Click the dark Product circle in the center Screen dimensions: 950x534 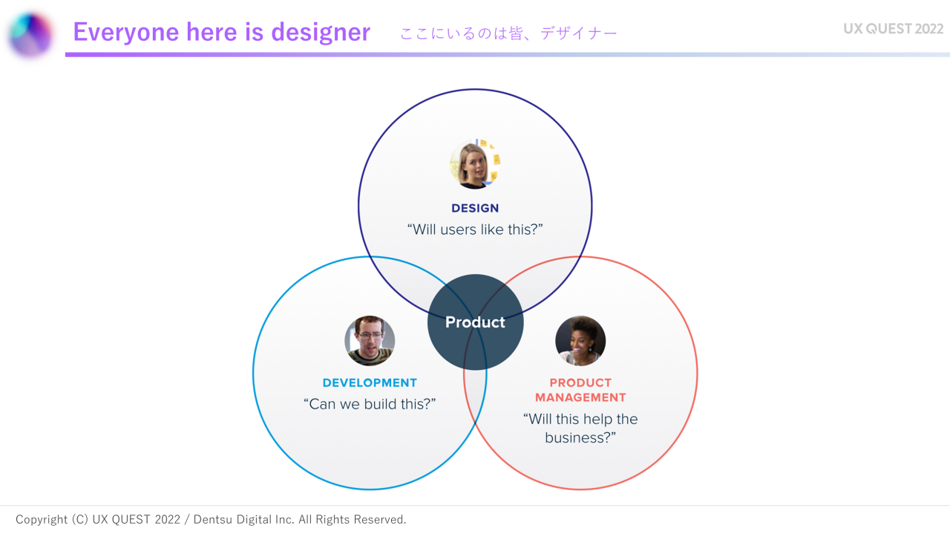tap(475, 322)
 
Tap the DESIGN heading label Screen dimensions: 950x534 tap(475, 208)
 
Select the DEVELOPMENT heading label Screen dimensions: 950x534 tap(370, 382)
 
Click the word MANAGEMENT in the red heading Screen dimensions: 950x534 tap(580, 397)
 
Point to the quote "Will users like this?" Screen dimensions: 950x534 tap(475, 229)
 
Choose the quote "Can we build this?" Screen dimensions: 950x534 tap(370, 404)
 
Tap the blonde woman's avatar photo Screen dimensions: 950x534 tap(475, 164)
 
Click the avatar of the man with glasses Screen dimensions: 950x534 tap(370, 340)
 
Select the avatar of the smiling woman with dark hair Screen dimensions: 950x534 tap(580, 340)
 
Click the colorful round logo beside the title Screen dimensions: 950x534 tap(30, 34)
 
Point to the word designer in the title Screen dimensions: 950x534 tap(321, 32)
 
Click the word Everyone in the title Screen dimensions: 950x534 tap(126, 32)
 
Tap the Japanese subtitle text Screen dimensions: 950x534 tap(508, 33)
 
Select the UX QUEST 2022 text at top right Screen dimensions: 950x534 tap(893, 28)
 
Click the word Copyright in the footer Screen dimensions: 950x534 tap(42, 520)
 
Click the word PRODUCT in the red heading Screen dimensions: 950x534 tap(580, 382)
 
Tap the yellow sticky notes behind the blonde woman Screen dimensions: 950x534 tap(494, 159)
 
